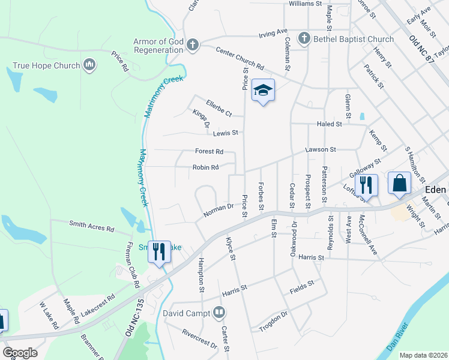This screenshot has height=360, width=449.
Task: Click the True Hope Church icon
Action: click(x=90, y=65)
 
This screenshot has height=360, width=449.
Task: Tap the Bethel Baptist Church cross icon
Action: click(x=304, y=39)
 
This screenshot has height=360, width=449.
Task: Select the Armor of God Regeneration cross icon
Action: click(x=192, y=45)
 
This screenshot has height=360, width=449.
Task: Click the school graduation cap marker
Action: click(x=263, y=91)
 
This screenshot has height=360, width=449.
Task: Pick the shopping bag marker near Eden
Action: click(x=399, y=182)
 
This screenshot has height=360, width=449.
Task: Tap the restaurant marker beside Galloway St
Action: click(x=366, y=185)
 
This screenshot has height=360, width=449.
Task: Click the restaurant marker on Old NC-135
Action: click(x=159, y=251)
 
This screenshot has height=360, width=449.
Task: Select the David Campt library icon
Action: click(x=218, y=313)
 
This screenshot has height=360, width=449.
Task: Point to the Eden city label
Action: click(x=435, y=189)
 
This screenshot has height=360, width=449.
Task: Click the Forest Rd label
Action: click(x=209, y=152)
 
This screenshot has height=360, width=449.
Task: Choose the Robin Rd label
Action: click(x=205, y=167)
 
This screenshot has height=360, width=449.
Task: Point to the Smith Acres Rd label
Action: click(x=91, y=227)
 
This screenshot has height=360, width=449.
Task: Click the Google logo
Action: click(x=20, y=353)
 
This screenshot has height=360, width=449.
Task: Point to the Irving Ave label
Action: click(x=273, y=34)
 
